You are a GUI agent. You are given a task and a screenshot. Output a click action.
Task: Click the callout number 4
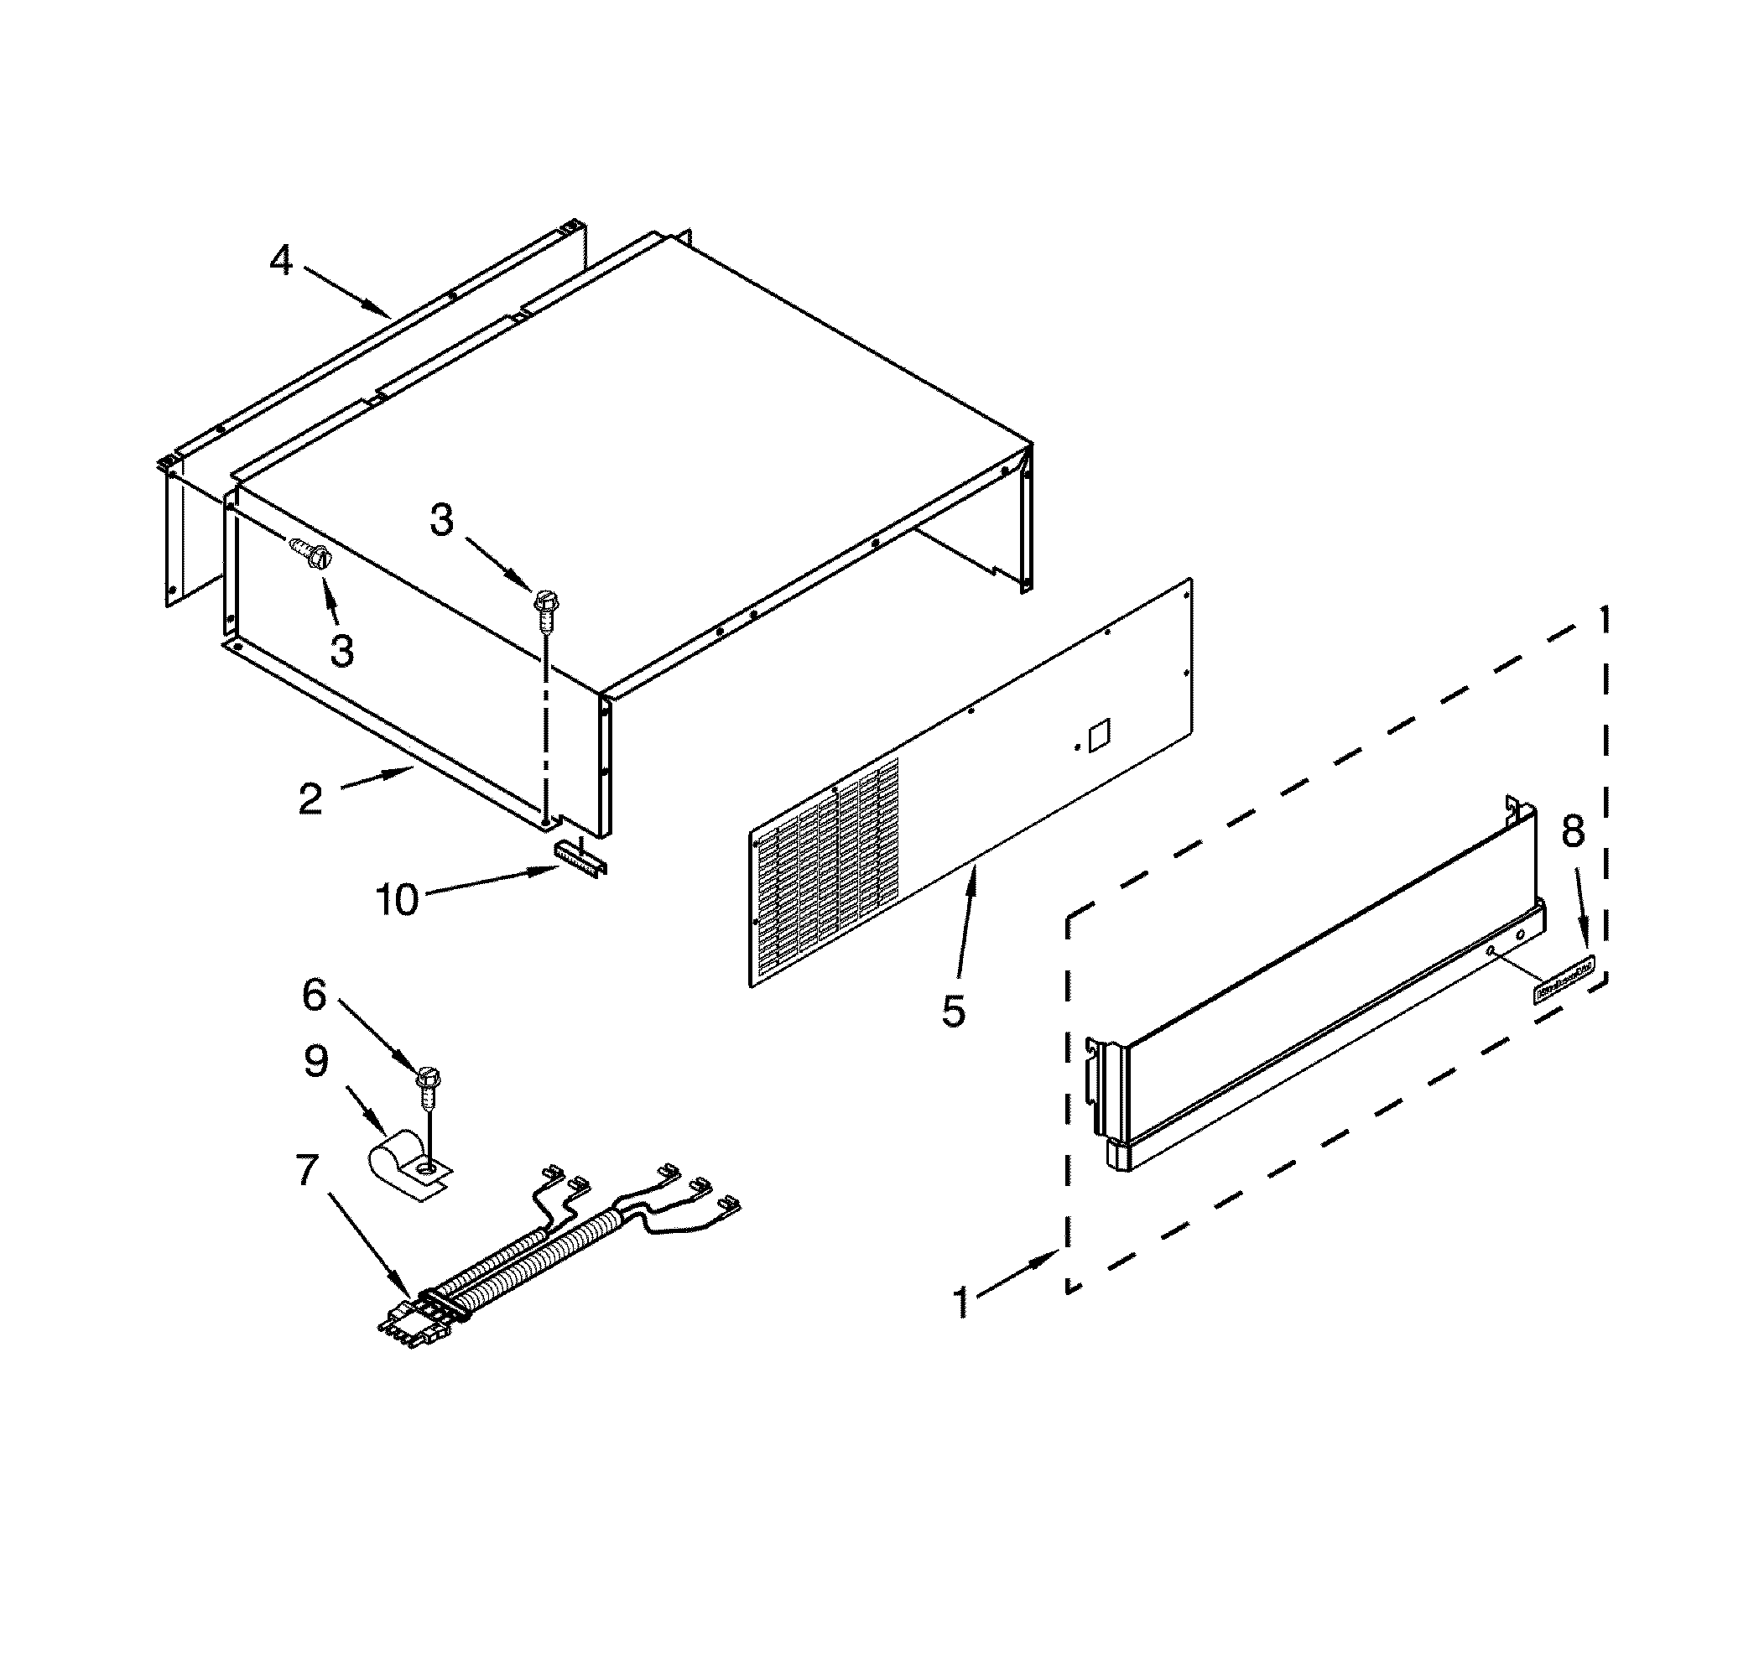click(281, 261)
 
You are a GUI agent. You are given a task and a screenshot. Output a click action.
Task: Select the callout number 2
click(310, 798)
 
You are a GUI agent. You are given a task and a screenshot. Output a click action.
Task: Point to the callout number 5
click(954, 1012)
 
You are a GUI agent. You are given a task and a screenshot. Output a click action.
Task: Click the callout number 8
click(1573, 832)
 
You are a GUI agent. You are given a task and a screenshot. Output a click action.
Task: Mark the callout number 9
click(316, 1062)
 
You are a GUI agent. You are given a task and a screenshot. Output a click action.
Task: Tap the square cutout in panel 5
click(1099, 733)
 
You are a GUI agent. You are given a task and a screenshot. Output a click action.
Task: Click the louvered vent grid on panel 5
click(827, 871)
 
